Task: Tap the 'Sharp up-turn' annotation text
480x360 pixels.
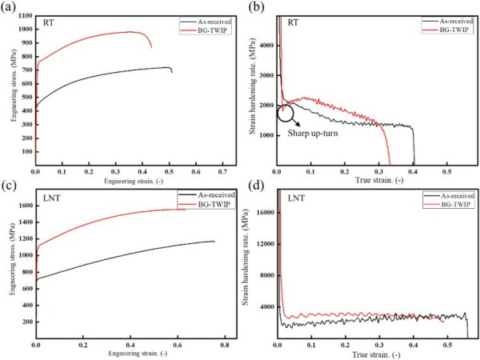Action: click(315, 134)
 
